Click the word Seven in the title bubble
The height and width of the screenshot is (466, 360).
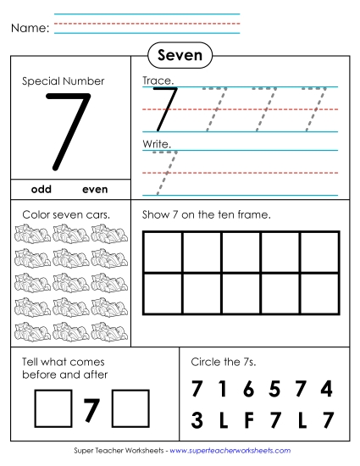coord(180,56)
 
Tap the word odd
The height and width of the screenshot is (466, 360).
coord(42,189)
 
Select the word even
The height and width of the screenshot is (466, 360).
coord(96,189)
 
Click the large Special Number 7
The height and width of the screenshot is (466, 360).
coord(67,130)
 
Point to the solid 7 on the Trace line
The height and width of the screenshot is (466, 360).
coord(163,107)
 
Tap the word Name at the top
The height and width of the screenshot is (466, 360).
coord(29,28)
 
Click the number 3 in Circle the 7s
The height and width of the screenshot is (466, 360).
coord(197,419)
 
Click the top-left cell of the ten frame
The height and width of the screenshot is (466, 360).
coord(163,251)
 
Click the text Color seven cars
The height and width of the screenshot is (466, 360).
coord(65,214)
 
